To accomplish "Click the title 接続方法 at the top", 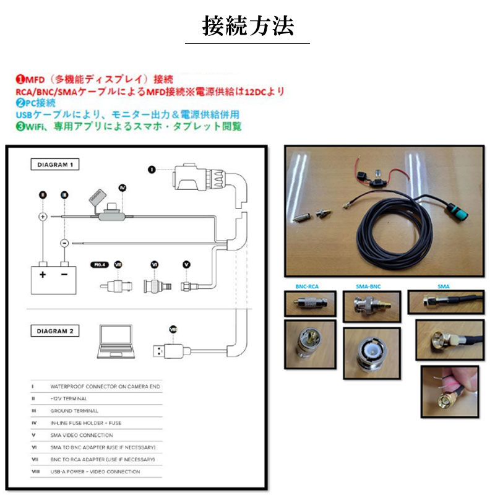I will (247, 26).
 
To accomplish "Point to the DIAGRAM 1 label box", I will (55, 165).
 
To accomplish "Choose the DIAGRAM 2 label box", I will (55, 331).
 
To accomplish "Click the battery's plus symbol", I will (43, 273).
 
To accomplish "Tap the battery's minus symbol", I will (64, 273).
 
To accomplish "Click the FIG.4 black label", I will (98, 264).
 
